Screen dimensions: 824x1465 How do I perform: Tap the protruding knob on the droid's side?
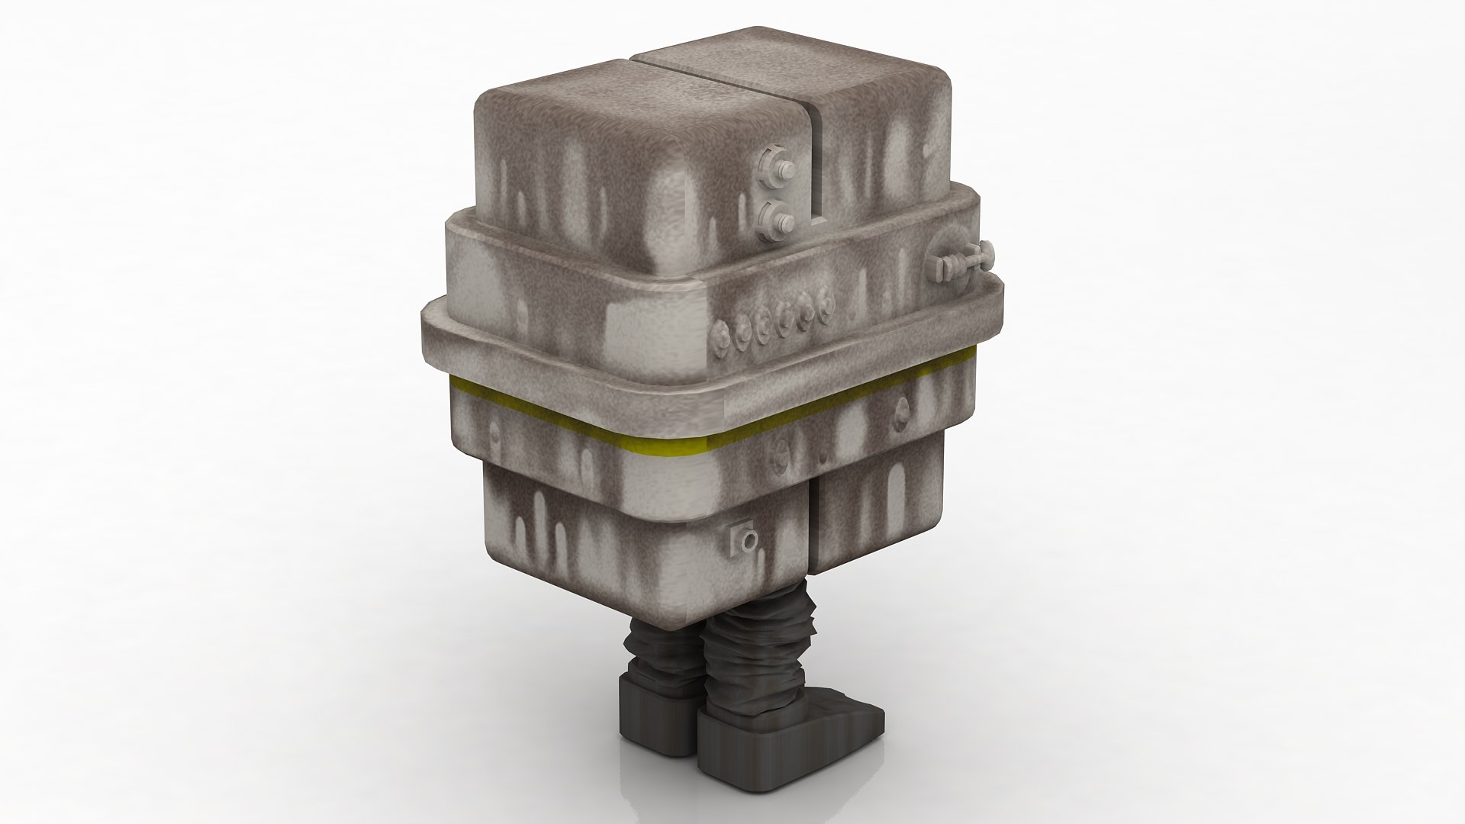963,262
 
